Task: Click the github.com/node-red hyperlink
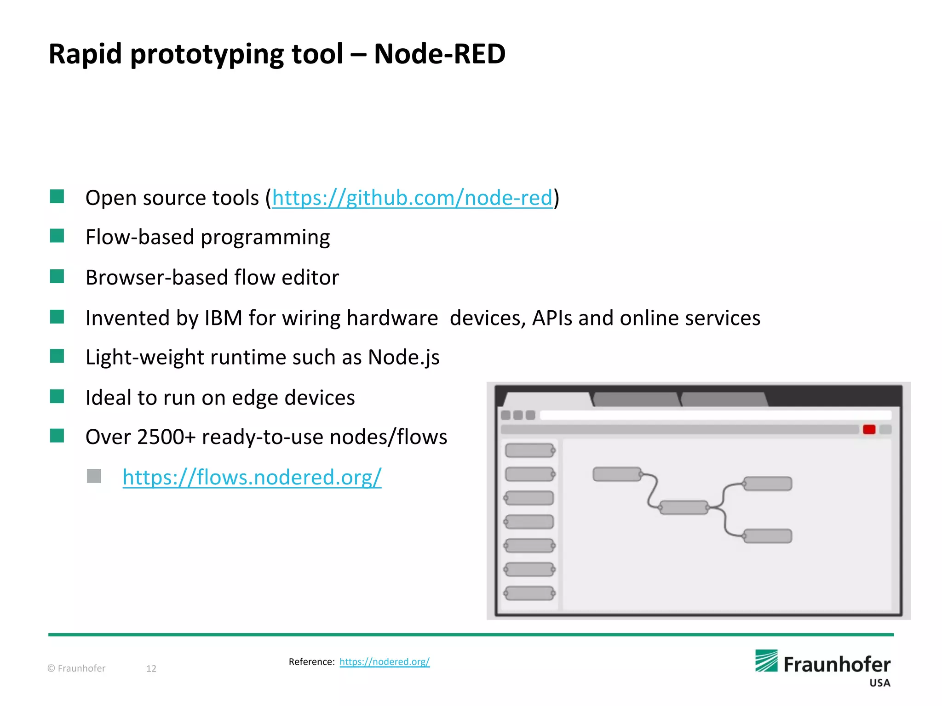click(412, 198)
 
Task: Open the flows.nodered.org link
click(252, 477)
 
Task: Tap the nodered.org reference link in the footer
click(385, 661)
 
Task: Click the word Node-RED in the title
click(439, 54)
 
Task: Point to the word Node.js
click(403, 357)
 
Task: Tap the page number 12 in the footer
click(151, 668)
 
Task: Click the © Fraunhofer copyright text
click(76, 668)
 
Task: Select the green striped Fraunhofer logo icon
click(766, 661)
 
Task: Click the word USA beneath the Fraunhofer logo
click(879, 683)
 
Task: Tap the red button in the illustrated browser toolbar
click(869, 429)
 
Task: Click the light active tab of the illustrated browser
click(547, 399)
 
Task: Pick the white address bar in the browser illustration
click(715, 415)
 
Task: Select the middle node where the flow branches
click(684, 507)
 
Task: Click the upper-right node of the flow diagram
click(767, 484)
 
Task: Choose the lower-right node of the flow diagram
click(767, 536)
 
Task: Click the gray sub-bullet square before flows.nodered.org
click(94, 476)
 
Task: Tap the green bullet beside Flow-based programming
click(57, 236)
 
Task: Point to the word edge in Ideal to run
click(255, 398)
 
